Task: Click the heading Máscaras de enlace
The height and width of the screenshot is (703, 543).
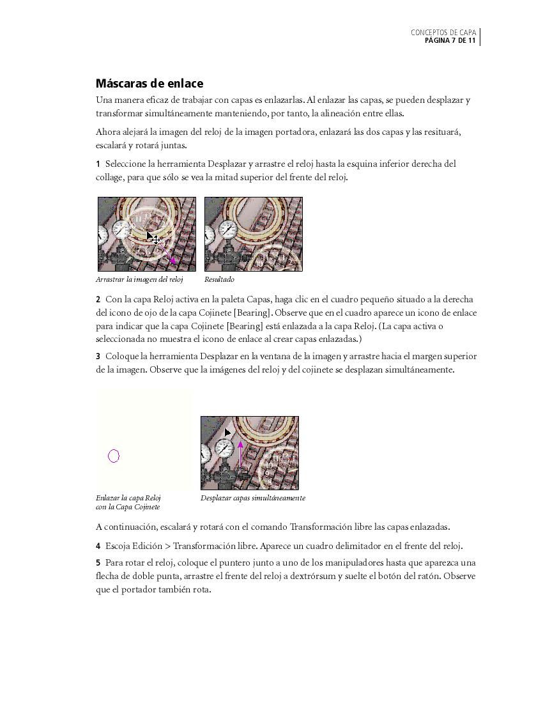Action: (x=149, y=83)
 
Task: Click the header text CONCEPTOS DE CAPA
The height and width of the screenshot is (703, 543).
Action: (x=443, y=32)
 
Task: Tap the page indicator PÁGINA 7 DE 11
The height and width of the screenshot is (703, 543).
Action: (x=450, y=41)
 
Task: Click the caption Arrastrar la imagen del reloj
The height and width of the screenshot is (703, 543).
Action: (x=139, y=279)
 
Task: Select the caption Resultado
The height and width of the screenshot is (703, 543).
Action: (x=219, y=279)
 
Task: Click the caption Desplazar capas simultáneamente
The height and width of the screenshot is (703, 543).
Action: (x=252, y=498)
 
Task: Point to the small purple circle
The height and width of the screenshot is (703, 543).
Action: (x=114, y=456)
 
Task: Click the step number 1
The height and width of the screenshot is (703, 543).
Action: (x=98, y=164)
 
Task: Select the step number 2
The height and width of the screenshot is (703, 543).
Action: (x=98, y=299)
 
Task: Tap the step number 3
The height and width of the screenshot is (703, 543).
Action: (x=98, y=356)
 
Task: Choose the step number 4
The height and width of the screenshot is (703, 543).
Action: (x=98, y=546)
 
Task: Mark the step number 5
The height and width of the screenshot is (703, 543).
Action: (x=98, y=563)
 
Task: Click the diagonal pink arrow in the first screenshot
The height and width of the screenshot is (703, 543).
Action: (x=169, y=256)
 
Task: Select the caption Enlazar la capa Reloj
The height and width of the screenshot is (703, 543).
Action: (x=128, y=498)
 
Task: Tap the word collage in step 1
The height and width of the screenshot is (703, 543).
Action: (x=109, y=177)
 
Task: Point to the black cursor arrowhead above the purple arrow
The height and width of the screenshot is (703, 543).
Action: (x=227, y=433)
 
